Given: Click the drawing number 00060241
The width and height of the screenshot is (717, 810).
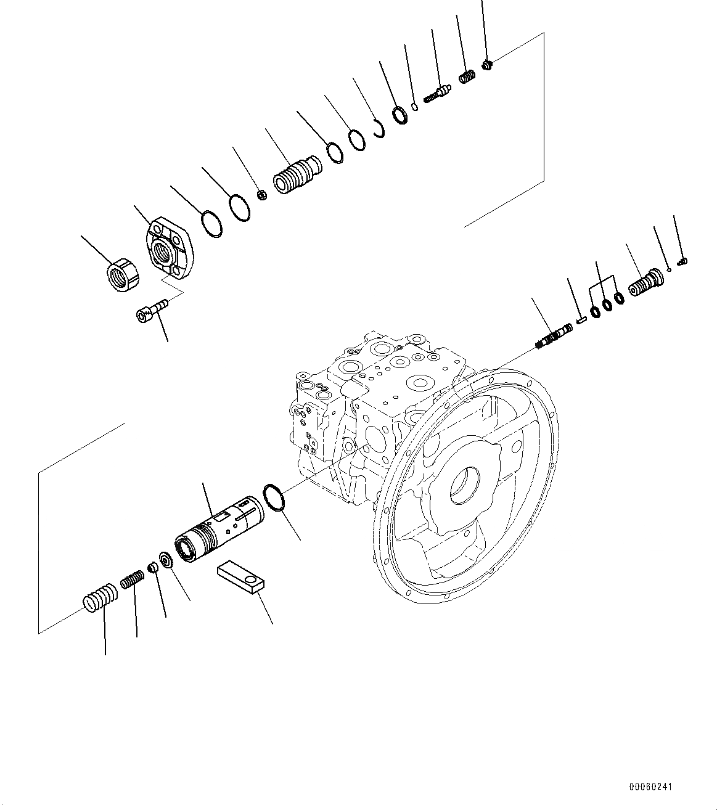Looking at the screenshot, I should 651,787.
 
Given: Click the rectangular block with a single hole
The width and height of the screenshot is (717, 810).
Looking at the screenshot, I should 241,577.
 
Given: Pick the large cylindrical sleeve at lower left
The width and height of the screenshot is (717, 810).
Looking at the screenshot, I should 219,529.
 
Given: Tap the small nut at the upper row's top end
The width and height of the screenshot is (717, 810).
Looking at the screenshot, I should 487,64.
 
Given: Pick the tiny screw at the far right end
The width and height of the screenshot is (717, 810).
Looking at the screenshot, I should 682,262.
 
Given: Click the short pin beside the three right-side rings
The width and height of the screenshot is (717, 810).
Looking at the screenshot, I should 581,319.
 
